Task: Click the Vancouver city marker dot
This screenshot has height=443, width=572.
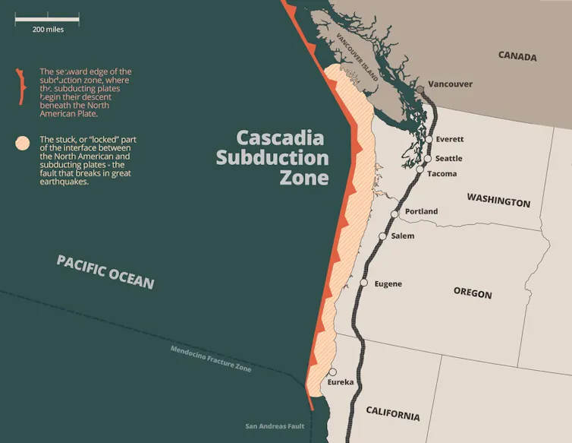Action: (420, 89)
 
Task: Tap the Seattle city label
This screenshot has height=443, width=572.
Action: (448, 158)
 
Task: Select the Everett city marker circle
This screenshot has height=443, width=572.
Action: (429, 139)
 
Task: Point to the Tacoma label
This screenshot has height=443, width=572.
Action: (442, 174)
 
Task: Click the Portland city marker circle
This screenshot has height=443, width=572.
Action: (394, 214)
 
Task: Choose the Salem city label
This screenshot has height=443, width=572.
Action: (402, 236)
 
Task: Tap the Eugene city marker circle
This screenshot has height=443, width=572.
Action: (364, 283)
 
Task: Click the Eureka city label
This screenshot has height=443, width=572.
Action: (341, 381)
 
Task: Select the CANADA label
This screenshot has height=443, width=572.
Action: (517, 56)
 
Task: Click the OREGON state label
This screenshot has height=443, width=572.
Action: (473, 293)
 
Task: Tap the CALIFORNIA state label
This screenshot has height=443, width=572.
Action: (392, 415)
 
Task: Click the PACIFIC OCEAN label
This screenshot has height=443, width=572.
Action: (105, 272)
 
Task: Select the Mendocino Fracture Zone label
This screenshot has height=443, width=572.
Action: (211, 359)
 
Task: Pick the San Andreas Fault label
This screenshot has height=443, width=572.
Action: (275, 426)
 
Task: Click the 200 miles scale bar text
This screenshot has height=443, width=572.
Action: (48, 29)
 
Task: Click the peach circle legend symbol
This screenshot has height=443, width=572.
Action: (24, 142)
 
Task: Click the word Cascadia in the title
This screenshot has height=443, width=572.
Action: (280, 138)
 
